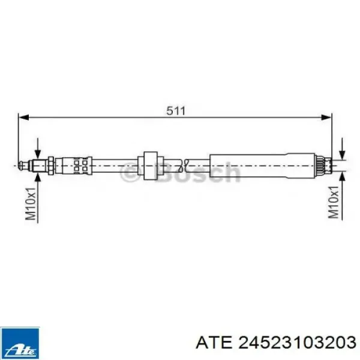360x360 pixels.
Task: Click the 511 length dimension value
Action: [176, 111]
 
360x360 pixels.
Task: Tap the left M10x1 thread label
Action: [31, 203]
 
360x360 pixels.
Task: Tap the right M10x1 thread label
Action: [334, 202]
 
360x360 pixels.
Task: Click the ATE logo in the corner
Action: [20, 343]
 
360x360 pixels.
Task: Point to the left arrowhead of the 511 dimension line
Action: [23, 118]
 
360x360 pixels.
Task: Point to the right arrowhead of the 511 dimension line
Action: [326, 118]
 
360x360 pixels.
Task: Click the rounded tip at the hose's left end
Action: [22, 166]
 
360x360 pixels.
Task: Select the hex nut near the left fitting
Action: [51, 166]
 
